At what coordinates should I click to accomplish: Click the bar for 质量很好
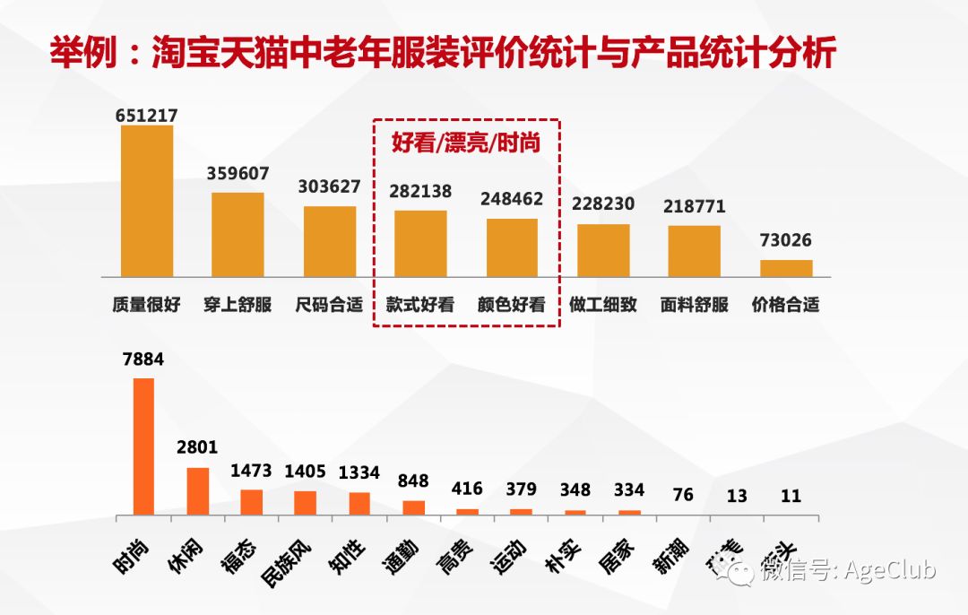tap(147, 201)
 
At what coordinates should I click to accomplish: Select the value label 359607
tap(238, 174)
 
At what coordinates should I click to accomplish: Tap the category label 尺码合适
tap(329, 305)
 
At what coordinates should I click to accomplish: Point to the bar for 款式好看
tap(420, 243)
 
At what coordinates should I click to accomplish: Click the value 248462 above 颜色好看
tap(512, 199)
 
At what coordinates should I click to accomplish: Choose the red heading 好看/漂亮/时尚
tap(466, 143)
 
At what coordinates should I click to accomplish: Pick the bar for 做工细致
tap(603, 250)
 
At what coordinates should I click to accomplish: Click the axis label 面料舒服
tap(695, 305)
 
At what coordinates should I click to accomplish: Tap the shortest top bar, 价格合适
tap(786, 268)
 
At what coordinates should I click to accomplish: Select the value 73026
tap(786, 240)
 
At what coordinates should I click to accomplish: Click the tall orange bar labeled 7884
tap(143, 446)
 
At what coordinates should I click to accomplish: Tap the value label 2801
tap(197, 446)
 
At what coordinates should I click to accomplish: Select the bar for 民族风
tap(306, 503)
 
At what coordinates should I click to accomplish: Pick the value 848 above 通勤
tap(413, 480)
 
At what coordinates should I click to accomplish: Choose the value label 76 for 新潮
tap(682, 495)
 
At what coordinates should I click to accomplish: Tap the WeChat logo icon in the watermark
tap(743, 571)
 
